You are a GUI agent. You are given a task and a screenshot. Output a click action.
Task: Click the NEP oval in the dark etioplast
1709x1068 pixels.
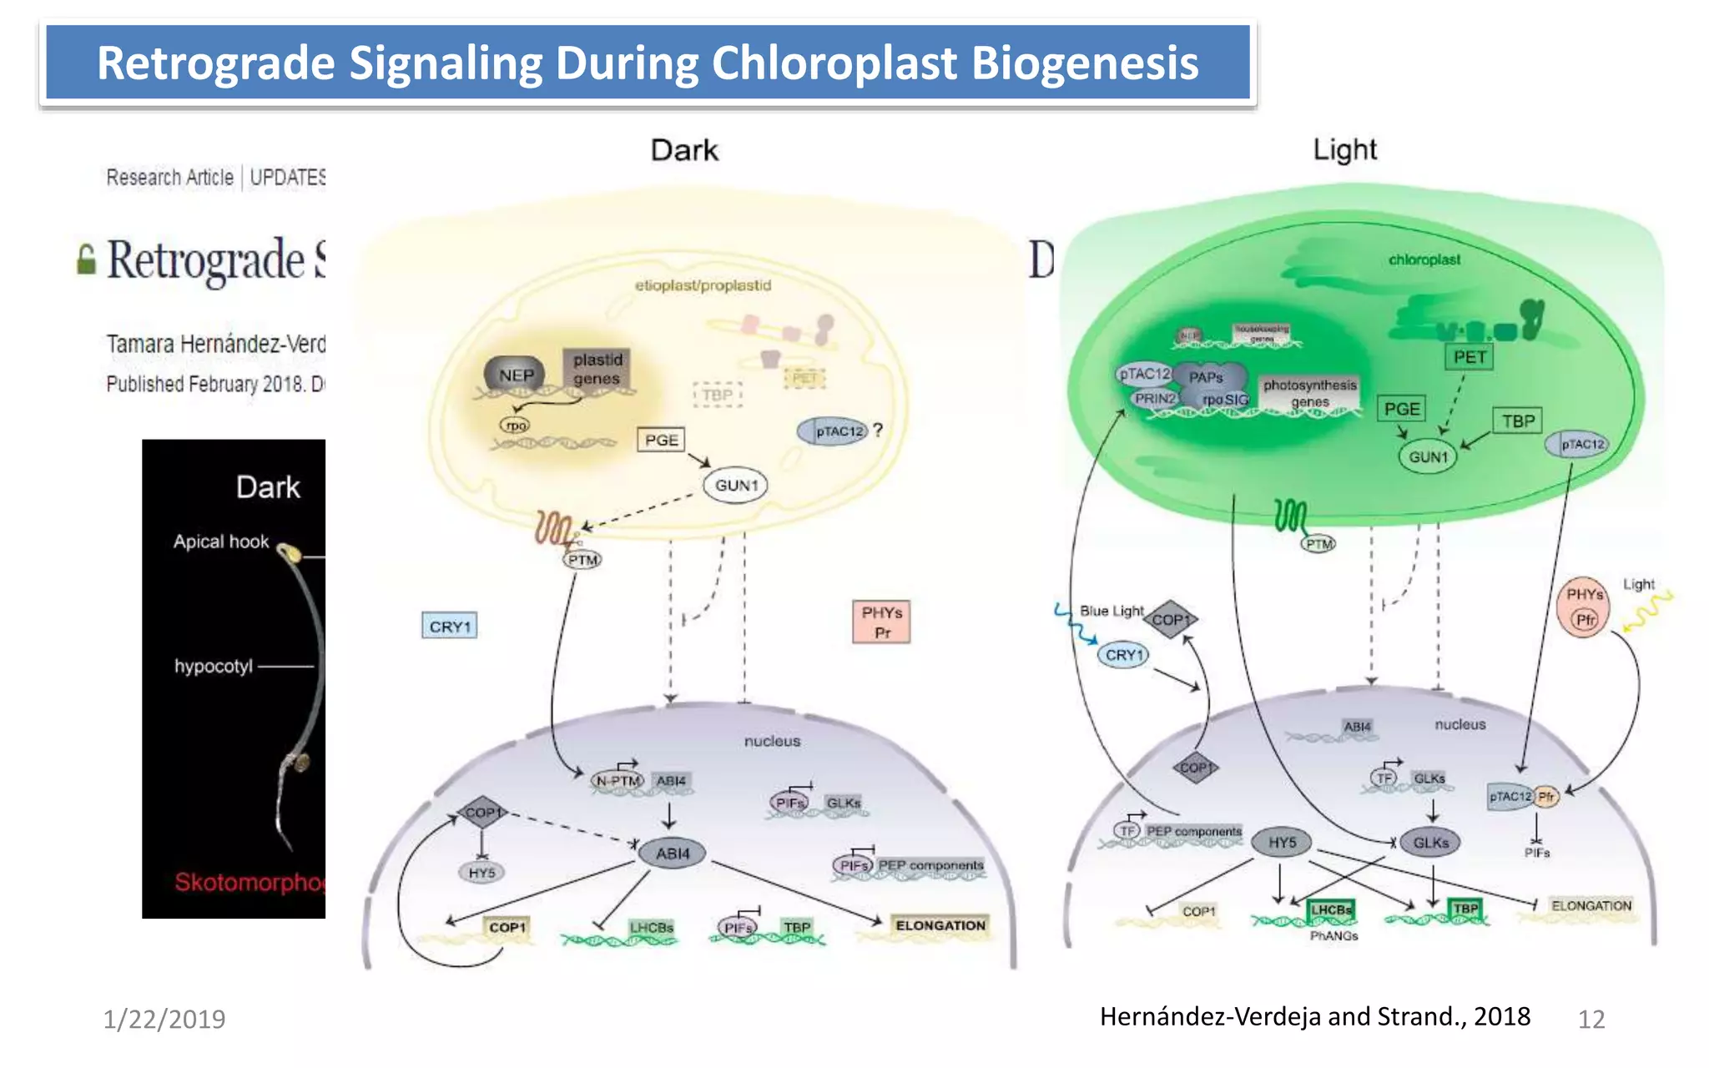click(515, 375)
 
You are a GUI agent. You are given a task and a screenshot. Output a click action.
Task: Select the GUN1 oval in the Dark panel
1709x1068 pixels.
click(735, 486)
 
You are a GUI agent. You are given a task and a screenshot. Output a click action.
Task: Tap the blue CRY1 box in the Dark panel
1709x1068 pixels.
click(450, 626)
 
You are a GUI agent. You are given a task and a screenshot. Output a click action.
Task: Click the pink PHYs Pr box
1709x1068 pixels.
click(881, 622)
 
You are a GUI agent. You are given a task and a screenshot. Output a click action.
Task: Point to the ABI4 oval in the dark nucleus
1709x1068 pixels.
click(672, 854)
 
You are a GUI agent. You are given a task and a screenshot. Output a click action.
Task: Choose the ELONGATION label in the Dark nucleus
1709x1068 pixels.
click(940, 925)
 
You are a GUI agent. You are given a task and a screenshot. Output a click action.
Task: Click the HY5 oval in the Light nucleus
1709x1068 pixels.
click(1282, 843)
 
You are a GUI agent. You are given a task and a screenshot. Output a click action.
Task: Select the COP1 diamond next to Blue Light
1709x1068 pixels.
click(1170, 619)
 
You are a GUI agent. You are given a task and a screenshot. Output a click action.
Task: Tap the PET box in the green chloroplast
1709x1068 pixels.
click(1470, 357)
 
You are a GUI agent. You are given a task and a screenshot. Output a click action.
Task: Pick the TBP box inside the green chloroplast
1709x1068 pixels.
click(1518, 421)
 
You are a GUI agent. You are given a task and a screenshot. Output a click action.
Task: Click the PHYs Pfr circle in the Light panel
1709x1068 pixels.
click(1584, 607)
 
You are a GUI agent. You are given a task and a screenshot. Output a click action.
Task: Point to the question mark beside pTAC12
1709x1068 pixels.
click(878, 431)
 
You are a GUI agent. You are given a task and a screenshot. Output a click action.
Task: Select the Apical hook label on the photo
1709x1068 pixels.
click(221, 542)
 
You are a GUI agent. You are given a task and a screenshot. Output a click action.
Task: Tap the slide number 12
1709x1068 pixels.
click(1591, 1019)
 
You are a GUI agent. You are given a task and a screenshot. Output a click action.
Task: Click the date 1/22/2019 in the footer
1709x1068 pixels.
click(164, 1019)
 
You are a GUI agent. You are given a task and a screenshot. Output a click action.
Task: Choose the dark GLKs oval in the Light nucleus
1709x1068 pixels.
click(1430, 843)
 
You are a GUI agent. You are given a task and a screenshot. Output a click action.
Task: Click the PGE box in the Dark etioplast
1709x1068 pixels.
click(661, 440)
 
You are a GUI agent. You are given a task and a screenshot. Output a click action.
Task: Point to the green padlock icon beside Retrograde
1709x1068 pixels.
click(86, 259)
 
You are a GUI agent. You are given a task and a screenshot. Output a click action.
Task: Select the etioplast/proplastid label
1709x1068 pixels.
click(703, 285)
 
